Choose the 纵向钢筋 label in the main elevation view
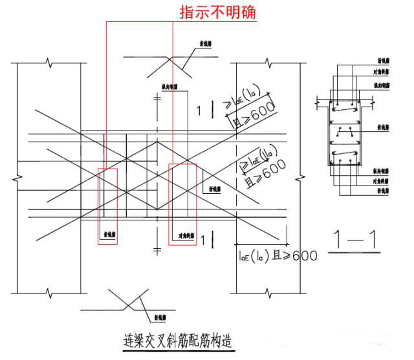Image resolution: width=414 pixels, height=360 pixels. point(171,85)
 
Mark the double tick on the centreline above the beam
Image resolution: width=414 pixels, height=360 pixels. point(157,100)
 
